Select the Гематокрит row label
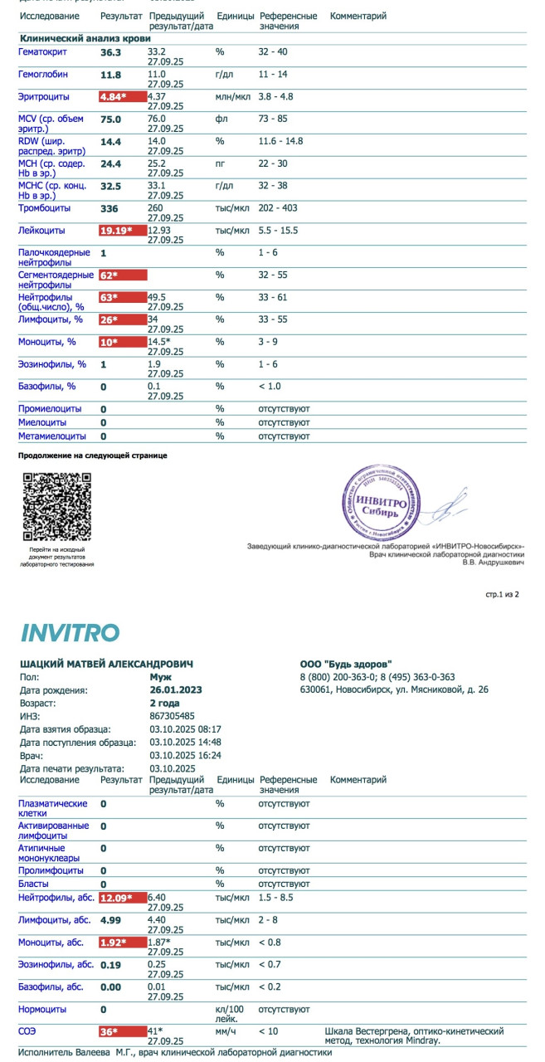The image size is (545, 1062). coord(42,52)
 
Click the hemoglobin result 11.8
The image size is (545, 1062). coord(110,75)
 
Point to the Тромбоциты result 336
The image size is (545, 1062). coord(110,208)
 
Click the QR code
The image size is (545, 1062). coord(56,506)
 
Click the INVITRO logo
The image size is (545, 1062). coord(70,632)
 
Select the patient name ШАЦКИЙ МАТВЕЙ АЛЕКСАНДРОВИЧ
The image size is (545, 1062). coord(105,665)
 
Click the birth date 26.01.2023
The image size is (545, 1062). coord(175,689)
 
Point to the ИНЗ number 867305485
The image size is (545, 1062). coord(173,715)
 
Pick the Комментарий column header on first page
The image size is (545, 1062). coord(358,17)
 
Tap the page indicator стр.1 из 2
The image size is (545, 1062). coord(502,595)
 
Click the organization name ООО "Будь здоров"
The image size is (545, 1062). coord(346,665)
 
